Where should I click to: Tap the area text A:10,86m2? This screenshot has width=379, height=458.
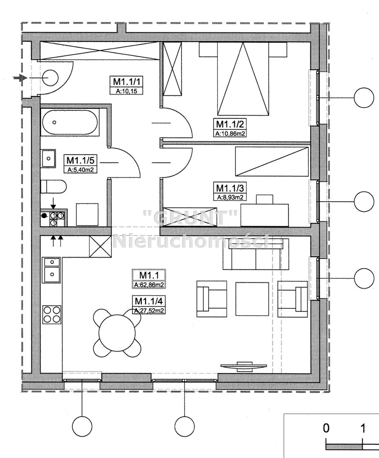(x=230, y=134)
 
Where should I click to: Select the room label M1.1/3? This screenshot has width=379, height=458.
(x=230, y=187)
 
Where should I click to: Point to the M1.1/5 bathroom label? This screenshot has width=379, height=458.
(x=80, y=160)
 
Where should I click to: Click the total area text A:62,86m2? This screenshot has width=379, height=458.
(x=149, y=285)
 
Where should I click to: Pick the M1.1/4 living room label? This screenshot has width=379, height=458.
(x=149, y=300)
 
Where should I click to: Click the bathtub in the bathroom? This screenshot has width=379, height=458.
(x=70, y=122)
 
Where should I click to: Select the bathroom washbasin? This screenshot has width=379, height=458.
(x=49, y=158)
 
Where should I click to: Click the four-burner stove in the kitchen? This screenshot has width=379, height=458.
(x=53, y=314)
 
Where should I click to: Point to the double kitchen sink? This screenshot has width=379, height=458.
(x=52, y=270)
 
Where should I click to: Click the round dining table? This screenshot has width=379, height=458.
(x=117, y=333)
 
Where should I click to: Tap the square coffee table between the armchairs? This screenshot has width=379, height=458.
(x=252, y=299)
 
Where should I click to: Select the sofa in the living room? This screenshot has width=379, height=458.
(x=256, y=254)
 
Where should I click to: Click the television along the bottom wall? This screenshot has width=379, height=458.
(x=244, y=366)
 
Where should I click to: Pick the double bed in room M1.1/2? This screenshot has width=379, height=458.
(x=242, y=78)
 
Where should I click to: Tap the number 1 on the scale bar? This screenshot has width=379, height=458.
(x=363, y=428)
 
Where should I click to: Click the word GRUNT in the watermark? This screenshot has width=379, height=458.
(x=190, y=218)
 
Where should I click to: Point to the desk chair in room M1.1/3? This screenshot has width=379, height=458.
(x=264, y=199)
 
